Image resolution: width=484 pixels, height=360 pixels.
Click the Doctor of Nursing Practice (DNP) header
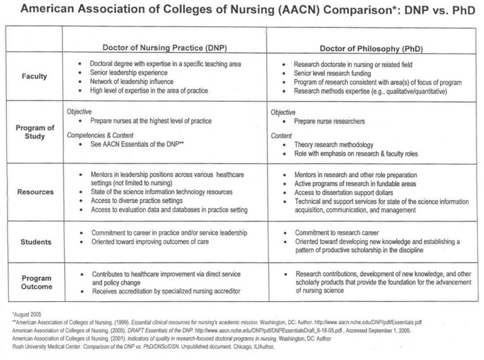tap(162, 49)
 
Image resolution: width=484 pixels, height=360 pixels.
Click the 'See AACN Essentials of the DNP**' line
tap(135, 144)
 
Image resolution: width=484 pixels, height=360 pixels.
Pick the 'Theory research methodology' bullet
tap(333, 144)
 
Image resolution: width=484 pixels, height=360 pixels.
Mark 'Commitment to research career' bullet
tap(337, 232)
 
